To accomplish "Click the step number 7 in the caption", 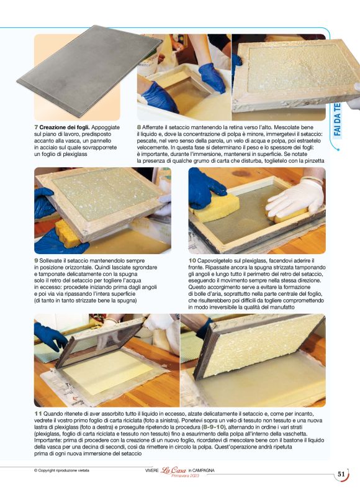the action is coord(36,127).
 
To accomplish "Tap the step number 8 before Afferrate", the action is coord(139,127).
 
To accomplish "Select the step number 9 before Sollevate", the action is coord(36,261).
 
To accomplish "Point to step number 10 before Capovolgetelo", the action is coord(192,261).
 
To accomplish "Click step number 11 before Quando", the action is coord(38,414).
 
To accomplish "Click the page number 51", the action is coord(341,474).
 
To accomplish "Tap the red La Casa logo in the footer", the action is coord(174,470).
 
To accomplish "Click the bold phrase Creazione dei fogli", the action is coord(65,127).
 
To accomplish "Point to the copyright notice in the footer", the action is coord(61,470).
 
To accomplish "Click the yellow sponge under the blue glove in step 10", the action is coord(217,206).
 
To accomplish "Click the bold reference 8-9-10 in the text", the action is coord(214,427).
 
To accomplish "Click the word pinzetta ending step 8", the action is coord(315,161).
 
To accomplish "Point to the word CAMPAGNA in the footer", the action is coord(203,470).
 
